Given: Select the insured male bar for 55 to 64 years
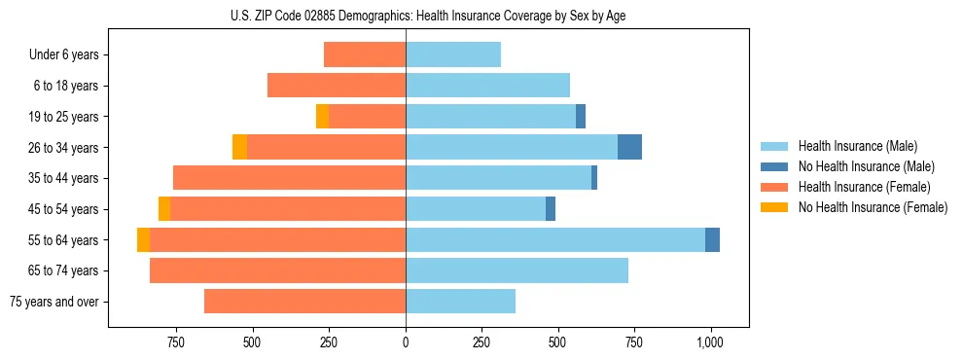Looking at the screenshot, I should pos(554,239).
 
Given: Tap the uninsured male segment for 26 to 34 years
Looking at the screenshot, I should pos(629,147).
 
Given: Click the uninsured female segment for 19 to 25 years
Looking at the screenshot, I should pos(322,117).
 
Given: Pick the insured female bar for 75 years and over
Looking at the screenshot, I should pos(304,302).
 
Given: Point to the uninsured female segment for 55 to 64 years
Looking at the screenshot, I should pos(143,239).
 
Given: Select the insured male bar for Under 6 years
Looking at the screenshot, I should pos(453,54).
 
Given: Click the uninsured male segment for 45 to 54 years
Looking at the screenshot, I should pos(551,209).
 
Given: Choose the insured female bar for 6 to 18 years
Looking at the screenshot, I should pos(337,86).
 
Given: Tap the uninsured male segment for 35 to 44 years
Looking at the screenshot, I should pos(594,178).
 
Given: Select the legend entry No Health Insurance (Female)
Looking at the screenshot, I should pos(872,207).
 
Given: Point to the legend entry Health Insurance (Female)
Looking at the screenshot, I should pos(864,187).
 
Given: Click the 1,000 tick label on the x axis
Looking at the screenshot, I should pos(710,342).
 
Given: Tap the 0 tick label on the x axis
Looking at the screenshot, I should pos(406,342).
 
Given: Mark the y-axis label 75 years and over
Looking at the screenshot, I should pos(54,302).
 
